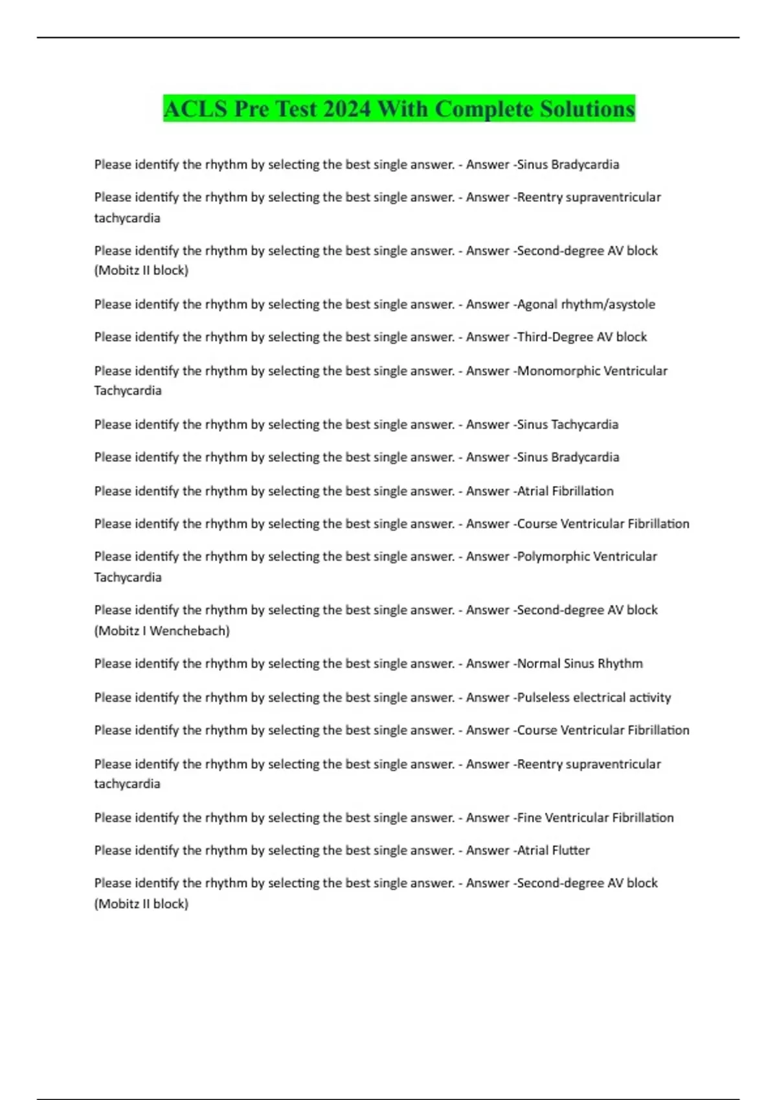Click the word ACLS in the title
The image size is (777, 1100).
pyautogui.click(x=196, y=109)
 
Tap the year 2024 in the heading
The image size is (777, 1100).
pyautogui.click(x=346, y=109)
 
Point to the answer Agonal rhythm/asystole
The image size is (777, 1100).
pyautogui.click(x=586, y=304)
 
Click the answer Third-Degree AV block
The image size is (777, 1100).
pyautogui.click(x=582, y=336)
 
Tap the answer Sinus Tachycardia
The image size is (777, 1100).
pyautogui.click(x=568, y=424)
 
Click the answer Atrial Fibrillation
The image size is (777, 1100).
pyautogui.click(x=565, y=491)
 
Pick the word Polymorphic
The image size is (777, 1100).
pyautogui.click(x=552, y=556)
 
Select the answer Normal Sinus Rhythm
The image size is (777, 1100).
pyautogui.click(x=580, y=663)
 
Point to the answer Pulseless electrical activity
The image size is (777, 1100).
pyautogui.click(x=594, y=698)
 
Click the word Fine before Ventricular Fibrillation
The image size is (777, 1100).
pyautogui.click(x=529, y=818)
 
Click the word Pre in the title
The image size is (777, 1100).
pyautogui.click(x=251, y=109)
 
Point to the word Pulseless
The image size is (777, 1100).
pyautogui.click(x=543, y=698)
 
